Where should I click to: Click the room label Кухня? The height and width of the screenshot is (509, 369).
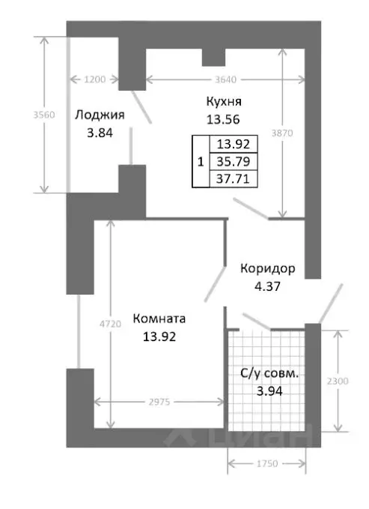(x=223, y=101)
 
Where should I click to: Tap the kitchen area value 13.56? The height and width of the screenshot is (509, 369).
(x=223, y=118)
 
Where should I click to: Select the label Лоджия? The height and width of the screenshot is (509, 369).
(x=100, y=115)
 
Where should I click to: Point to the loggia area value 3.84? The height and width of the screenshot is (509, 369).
(x=100, y=132)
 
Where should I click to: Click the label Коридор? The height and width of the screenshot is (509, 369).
(x=267, y=268)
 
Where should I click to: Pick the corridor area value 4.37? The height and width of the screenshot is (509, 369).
(x=267, y=285)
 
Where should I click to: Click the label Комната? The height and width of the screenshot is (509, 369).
(x=159, y=319)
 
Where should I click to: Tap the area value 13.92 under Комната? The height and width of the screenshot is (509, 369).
(x=159, y=336)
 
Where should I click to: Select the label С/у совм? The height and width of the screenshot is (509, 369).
(x=269, y=373)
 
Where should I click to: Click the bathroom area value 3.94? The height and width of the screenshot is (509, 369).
(x=269, y=390)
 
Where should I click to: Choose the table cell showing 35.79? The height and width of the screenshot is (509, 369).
(x=233, y=161)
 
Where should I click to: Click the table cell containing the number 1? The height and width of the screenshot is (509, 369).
(x=199, y=161)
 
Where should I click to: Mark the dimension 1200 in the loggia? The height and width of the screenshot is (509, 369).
(x=96, y=79)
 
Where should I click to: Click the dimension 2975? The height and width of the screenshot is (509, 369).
(x=159, y=403)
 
